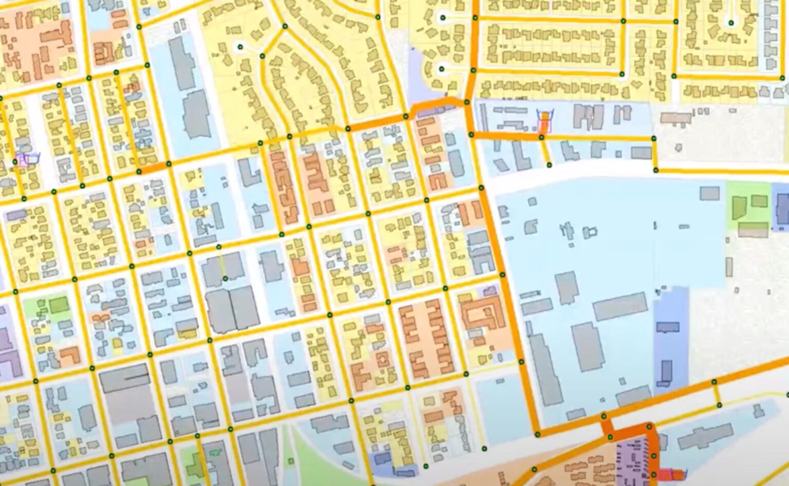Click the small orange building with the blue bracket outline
[544, 124]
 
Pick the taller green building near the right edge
[738, 209]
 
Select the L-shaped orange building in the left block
[69, 356]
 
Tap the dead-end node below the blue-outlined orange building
[549, 165]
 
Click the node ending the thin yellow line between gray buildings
[225, 278]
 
